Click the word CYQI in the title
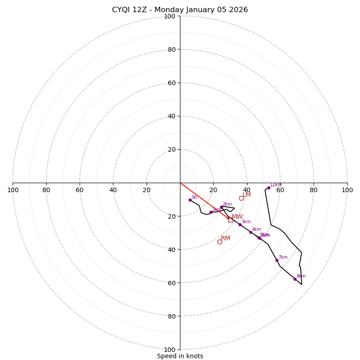click(x=121, y=10)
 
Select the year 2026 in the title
click(x=238, y=10)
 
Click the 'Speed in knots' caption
click(x=180, y=356)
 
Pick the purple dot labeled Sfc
click(x=190, y=200)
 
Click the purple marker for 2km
click(x=221, y=207)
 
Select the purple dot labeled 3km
click(x=240, y=225)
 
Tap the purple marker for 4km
click(x=251, y=232)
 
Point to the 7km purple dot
click(x=277, y=260)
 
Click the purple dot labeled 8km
click(x=295, y=279)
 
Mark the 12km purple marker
click(x=269, y=188)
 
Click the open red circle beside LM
click(x=241, y=198)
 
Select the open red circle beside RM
click(x=220, y=242)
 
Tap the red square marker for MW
click(x=230, y=220)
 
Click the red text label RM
click(x=225, y=238)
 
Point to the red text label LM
click(x=247, y=194)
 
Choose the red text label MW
click(x=237, y=216)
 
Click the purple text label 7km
click(x=283, y=257)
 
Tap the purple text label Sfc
click(x=195, y=197)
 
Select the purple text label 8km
click(x=301, y=276)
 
